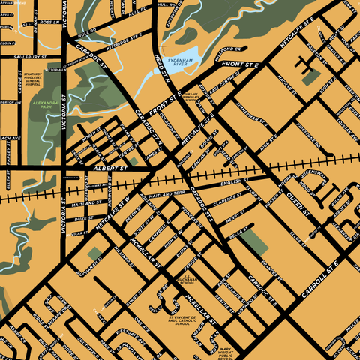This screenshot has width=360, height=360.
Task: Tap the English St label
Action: pos(235,182)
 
